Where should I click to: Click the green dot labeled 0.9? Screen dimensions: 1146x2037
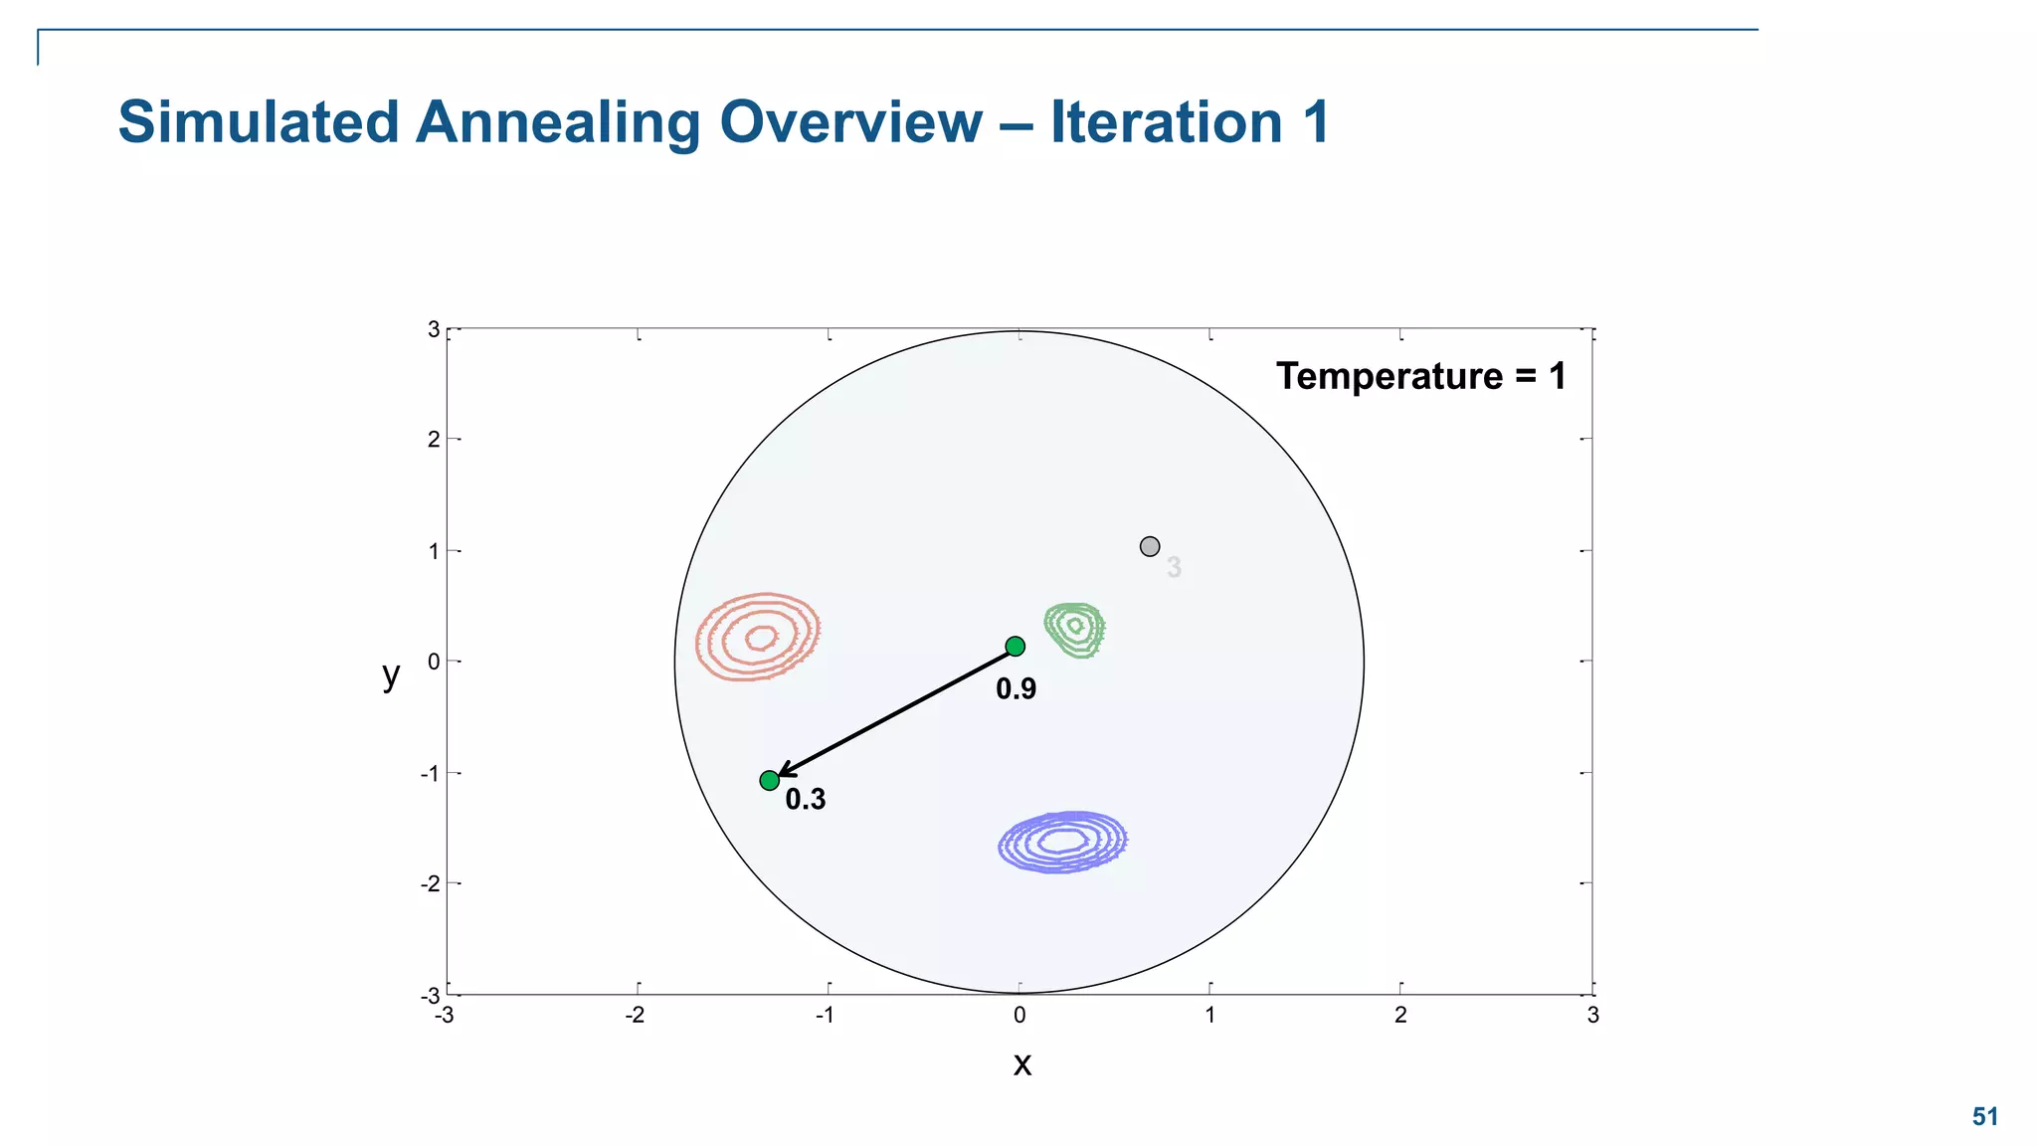point(1015,647)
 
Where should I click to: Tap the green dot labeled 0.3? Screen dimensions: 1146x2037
point(769,781)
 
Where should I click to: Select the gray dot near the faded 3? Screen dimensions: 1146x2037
point(1150,546)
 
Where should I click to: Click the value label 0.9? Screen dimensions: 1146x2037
point(1016,688)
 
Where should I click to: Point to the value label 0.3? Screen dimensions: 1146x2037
point(805,799)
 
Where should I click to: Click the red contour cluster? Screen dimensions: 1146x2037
point(758,637)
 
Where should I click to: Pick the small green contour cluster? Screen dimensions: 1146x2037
point(1074,629)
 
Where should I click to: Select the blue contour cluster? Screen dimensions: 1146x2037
point(1062,842)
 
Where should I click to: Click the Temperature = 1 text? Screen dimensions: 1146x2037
point(1420,376)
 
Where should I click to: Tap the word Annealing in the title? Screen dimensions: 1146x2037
point(557,122)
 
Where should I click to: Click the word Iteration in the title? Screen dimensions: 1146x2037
point(1166,122)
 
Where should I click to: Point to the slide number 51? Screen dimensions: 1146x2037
point(1984,1116)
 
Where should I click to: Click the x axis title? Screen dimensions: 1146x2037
point(1021,1064)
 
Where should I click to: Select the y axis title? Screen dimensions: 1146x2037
point(391,674)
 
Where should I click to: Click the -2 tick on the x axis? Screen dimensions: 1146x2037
point(634,1015)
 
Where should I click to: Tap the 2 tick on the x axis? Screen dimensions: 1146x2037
point(1400,1015)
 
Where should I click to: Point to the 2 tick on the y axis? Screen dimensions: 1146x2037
point(433,440)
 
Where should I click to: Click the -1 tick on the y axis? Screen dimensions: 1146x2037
point(430,774)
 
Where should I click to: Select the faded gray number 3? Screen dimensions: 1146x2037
point(1174,567)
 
